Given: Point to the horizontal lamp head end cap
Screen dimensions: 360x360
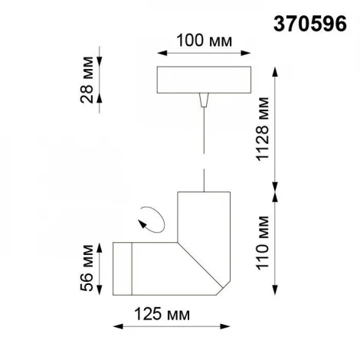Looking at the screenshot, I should [x=123, y=268].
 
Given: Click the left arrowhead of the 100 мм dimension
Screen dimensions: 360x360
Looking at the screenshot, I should [x=159, y=53].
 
